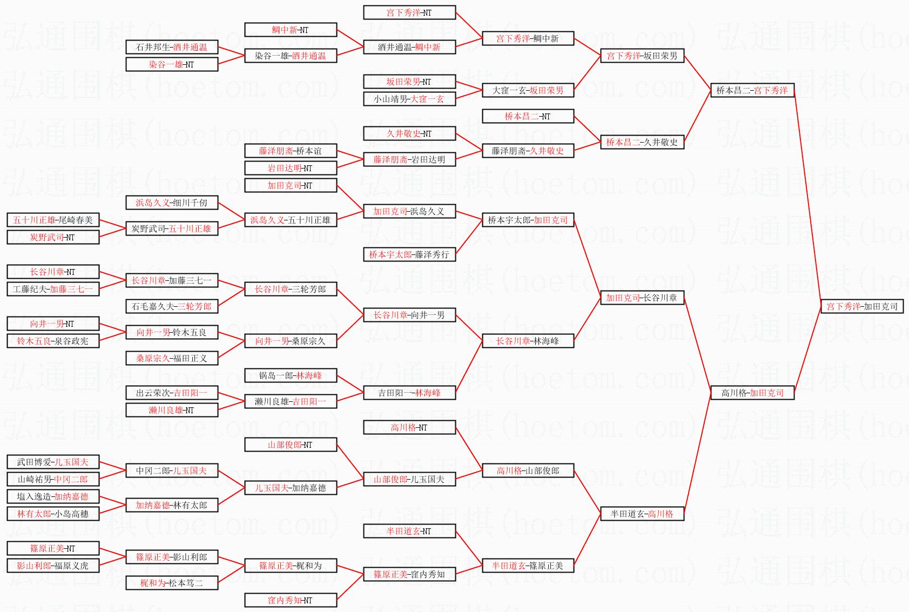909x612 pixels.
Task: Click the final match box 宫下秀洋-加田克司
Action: coord(862,306)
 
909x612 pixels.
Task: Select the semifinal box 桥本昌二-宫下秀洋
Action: coord(752,90)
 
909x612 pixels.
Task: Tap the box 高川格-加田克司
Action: coord(752,393)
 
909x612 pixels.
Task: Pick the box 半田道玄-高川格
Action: coord(642,514)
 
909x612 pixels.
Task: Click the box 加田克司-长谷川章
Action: coord(642,298)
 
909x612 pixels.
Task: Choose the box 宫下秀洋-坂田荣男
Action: coord(642,56)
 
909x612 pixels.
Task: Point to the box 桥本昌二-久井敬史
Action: coord(642,142)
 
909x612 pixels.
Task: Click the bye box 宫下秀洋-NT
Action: coord(409,12)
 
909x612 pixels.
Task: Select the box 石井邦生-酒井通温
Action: coord(172,47)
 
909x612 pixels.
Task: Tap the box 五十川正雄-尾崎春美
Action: coord(53,220)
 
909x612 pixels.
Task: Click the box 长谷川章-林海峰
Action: coord(528,341)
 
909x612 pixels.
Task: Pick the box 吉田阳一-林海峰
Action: coord(409,393)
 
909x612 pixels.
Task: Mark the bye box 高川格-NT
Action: coord(409,427)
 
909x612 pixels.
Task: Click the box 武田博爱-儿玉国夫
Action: coord(53,462)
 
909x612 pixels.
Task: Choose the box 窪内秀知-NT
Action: coord(291,600)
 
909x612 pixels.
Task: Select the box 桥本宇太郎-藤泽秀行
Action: coord(409,254)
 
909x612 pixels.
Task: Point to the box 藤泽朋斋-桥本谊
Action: coord(291,151)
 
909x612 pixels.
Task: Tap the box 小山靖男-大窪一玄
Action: coord(409,99)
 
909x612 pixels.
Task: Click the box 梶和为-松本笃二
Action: coord(172,583)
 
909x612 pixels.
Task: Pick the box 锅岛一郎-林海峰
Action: coord(291,375)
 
